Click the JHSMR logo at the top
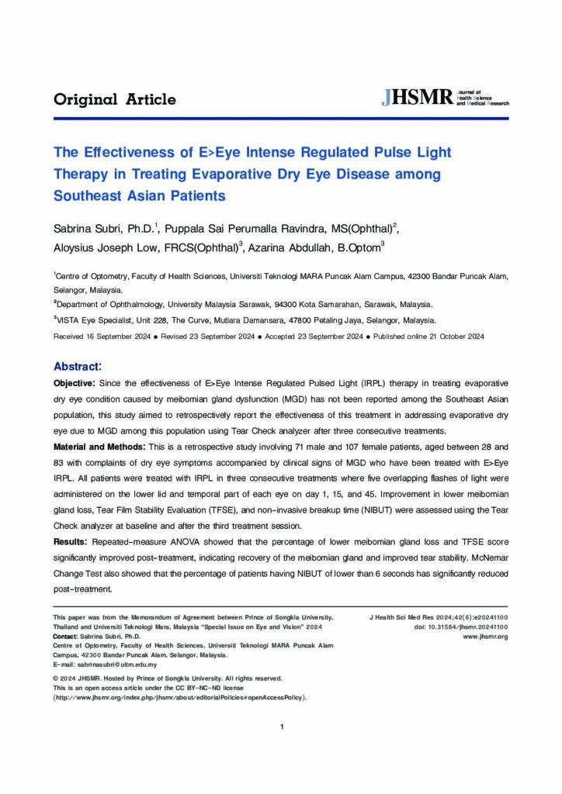point(445,98)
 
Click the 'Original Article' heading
point(115,99)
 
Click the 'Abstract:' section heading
point(78,365)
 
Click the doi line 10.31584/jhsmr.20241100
point(461,627)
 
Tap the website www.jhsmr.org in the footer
point(485,636)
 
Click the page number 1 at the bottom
point(281,727)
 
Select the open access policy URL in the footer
point(180,697)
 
